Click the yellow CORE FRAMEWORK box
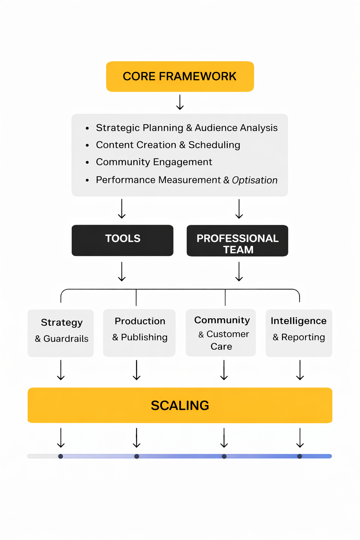click(x=180, y=77)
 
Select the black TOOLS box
click(x=122, y=240)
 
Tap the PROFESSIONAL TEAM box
click(x=237, y=241)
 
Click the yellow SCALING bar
click(x=180, y=405)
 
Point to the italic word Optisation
click(x=255, y=180)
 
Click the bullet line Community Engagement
click(x=154, y=162)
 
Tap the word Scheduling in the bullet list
click(x=214, y=145)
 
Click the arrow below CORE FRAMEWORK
click(x=180, y=102)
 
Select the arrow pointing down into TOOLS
click(x=122, y=209)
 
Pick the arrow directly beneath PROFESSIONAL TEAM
click(x=239, y=271)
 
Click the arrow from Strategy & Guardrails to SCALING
click(x=61, y=370)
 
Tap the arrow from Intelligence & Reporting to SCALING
click(x=300, y=370)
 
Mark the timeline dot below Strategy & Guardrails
click(x=60, y=456)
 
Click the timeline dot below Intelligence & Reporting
click(x=300, y=456)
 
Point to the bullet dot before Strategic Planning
click(x=87, y=129)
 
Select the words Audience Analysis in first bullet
click(x=236, y=128)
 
